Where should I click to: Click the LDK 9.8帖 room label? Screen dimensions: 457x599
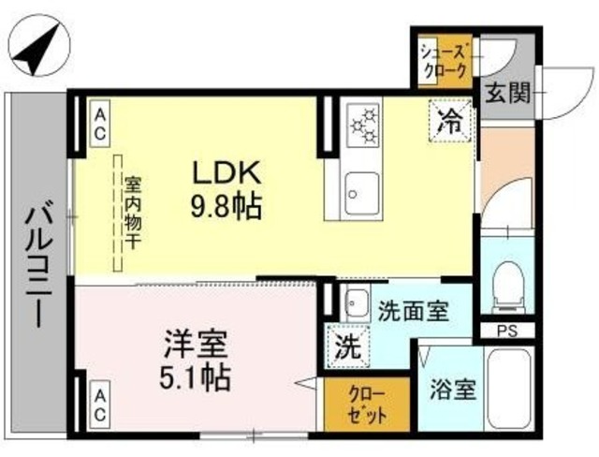227,188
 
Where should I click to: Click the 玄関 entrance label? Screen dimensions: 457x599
508,94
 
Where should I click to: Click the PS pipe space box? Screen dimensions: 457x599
507,330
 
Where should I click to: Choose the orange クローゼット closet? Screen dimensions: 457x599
353,403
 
